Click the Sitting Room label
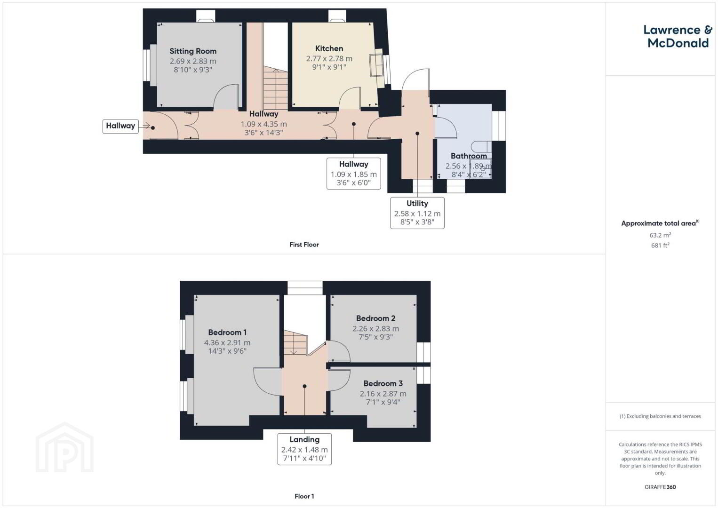193,51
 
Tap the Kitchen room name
329,48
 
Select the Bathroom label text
469,156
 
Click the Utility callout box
417,213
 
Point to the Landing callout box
304,449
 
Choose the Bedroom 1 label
227,333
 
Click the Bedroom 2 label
375,318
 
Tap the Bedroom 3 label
383,383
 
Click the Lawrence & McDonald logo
678,36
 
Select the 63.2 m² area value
660,235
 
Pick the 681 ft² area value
660,245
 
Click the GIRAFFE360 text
660,487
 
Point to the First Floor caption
304,245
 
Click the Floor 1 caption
304,496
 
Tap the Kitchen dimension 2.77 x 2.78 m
329,59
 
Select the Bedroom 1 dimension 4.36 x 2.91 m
227,342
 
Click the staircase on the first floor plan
275,88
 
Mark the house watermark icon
64,447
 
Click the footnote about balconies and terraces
660,416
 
